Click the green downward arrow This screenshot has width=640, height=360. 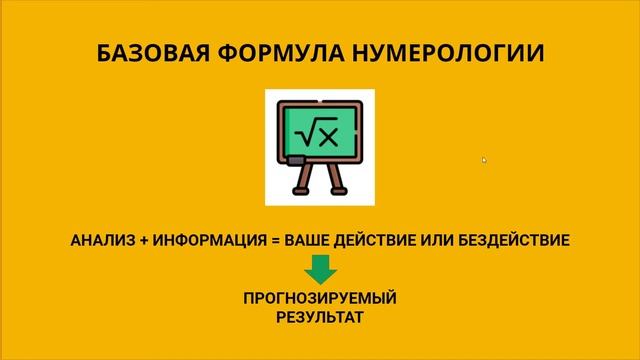(x=320, y=268)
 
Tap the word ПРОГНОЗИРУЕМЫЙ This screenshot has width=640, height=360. (x=320, y=299)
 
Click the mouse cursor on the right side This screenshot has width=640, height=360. (x=484, y=159)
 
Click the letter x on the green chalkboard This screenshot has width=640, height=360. (x=329, y=133)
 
